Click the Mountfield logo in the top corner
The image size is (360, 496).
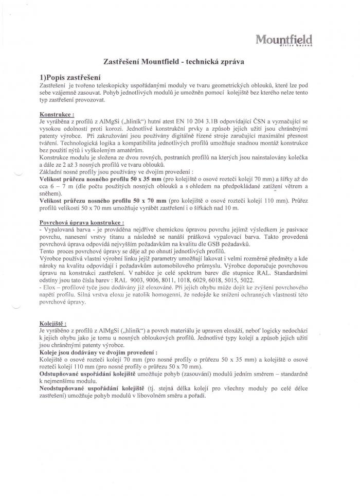click(x=284, y=39)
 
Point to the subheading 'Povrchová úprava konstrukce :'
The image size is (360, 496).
click(x=81, y=223)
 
